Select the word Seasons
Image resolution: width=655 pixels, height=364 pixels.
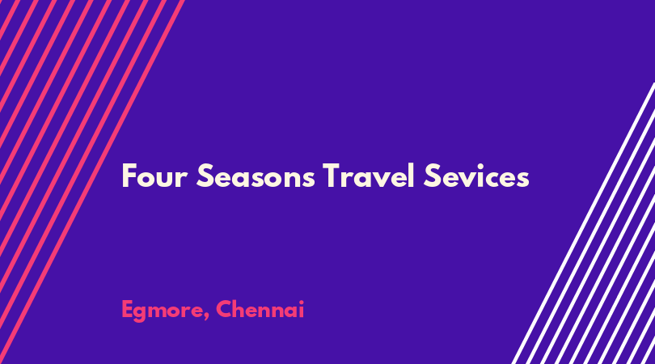256,176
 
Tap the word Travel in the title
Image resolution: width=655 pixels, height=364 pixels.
369,176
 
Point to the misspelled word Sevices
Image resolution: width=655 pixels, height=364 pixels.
476,176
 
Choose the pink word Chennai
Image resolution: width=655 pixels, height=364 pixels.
260,309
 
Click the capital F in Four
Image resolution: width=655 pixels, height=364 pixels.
129,176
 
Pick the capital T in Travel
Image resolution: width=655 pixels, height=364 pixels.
332,176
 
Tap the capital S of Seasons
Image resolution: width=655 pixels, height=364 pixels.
205,176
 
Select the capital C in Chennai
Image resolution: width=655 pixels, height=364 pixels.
225,309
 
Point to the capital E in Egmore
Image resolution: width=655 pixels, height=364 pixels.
128,310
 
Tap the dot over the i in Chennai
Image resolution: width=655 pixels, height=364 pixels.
300,302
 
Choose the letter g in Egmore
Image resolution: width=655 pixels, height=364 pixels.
143,314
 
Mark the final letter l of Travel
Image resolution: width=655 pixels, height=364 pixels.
412,175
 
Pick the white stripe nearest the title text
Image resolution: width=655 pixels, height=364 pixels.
583,223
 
